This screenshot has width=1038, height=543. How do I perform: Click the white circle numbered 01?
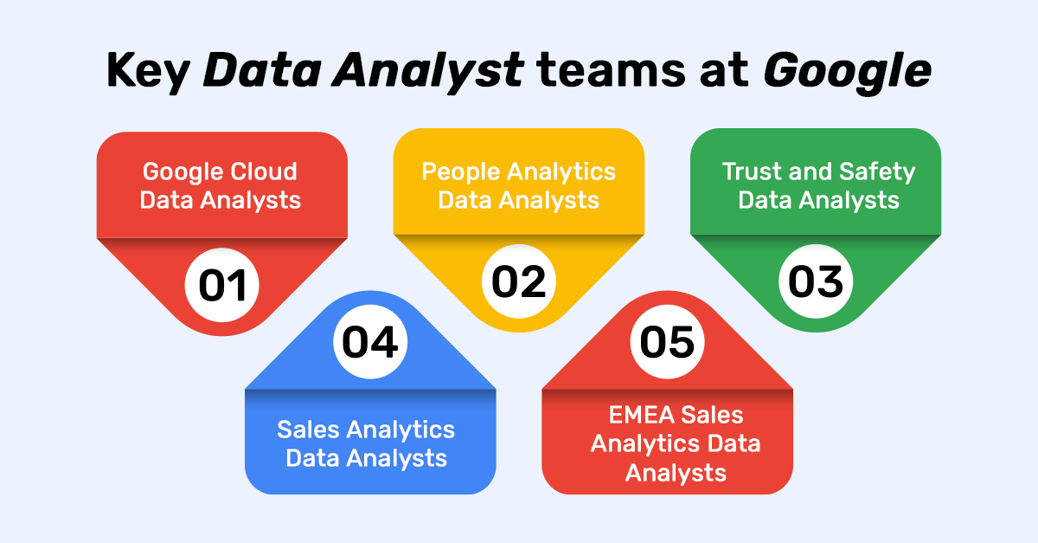(x=222, y=285)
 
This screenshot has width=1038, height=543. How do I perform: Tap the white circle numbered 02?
(x=519, y=281)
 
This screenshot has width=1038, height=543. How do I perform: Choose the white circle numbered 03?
(x=816, y=282)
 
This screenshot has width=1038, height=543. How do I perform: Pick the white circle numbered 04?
(x=370, y=341)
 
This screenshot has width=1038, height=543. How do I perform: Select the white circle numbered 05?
(x=667, y=341)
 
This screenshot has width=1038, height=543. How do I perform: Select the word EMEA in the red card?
(x=640, y=415)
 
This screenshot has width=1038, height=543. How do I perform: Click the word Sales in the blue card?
(x=310, y=429)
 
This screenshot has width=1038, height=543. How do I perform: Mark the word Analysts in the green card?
(x=860, y=200)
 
